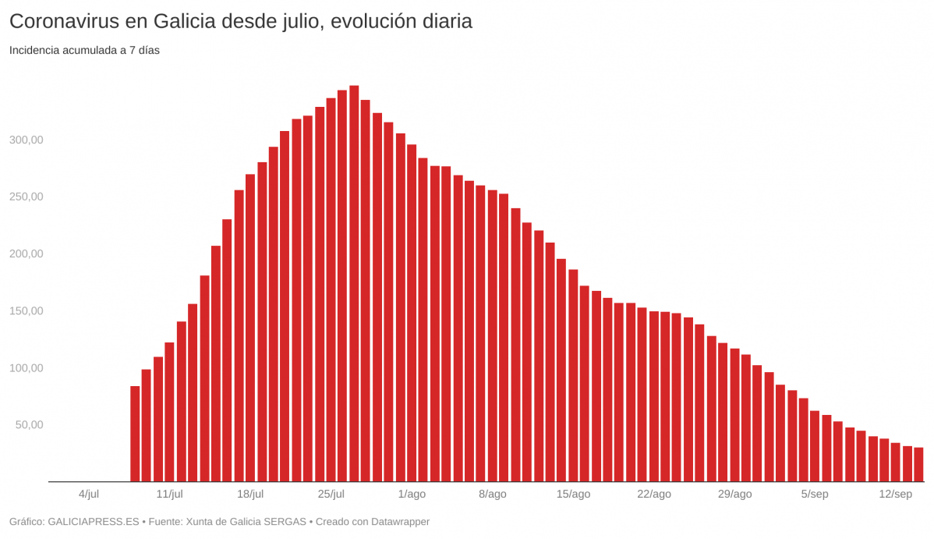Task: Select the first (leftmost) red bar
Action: click(135, 434)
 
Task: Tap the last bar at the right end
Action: click(918, 464)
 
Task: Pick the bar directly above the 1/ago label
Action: click(412, 313)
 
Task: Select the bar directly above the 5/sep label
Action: click(815, 446)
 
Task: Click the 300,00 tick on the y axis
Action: click(27, 140)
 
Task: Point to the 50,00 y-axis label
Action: click(29, 425)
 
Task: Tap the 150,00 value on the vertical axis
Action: click(27, 311)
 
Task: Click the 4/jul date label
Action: click(89, 494)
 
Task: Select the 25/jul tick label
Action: click(331, 494)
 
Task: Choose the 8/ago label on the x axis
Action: click(493, 494)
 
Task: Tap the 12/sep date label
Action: click(895, 494)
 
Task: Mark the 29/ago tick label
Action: click(734, 494)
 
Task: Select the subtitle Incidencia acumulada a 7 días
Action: click(84, 50)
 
